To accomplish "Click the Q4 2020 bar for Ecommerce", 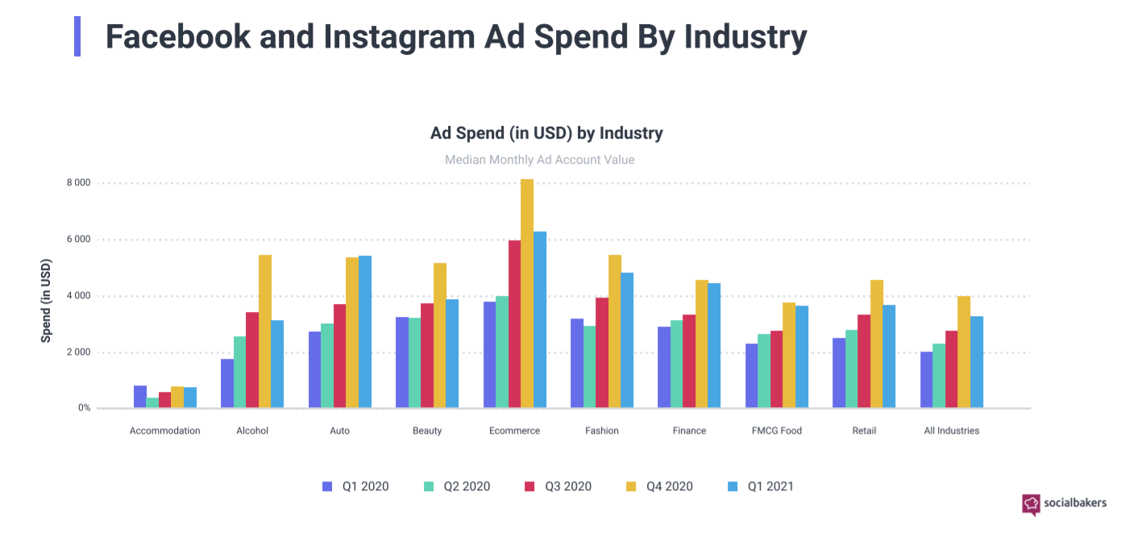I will (526, 293).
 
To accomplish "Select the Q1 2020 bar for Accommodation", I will (140, 397).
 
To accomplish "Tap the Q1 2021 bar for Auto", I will (365, 331).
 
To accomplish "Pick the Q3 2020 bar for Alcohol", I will (252, 360).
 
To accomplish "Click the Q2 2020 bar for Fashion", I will (589, 367).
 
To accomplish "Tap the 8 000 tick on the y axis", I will (78, 183).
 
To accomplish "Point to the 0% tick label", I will (84, 408).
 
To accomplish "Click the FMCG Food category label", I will (776, 431).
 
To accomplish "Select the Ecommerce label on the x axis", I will (514, 431).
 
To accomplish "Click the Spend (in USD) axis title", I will (46, 301).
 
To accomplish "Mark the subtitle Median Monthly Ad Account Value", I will (539, 160).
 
